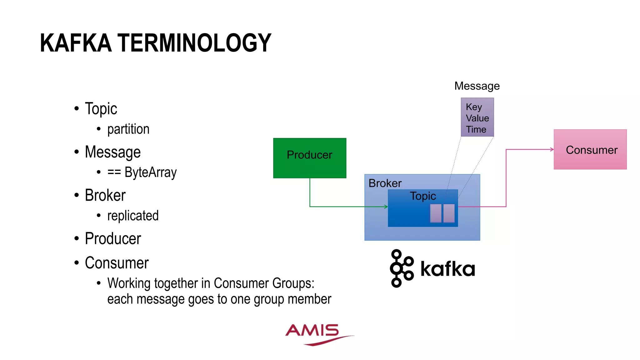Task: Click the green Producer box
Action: [309, 158]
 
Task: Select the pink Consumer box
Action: [590, 150]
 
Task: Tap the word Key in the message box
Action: [474, 107]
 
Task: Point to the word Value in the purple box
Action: [477, 118]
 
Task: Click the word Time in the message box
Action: [476, 129]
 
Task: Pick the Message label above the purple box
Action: [477, 86]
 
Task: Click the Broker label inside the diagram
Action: [385, 183]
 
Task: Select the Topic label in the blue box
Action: [423, 196]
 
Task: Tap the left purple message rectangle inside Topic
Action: [436, 213]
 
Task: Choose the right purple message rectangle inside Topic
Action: [449, 213]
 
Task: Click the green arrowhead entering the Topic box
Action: [386, 207]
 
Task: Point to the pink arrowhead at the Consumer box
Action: [552, 149]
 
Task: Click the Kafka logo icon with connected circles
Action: [401, 268]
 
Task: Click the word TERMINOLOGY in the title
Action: [194, 43]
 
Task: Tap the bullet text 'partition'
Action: [128, 129]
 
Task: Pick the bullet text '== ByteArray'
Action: [142, 172]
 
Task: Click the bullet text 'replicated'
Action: [133, 216]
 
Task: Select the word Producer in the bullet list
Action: [113, 239]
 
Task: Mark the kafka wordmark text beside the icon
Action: [447, 269]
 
